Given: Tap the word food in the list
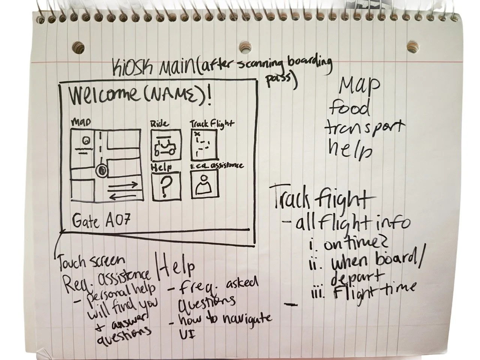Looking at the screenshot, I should [349, 109].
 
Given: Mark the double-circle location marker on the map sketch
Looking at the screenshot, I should [101, 171].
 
